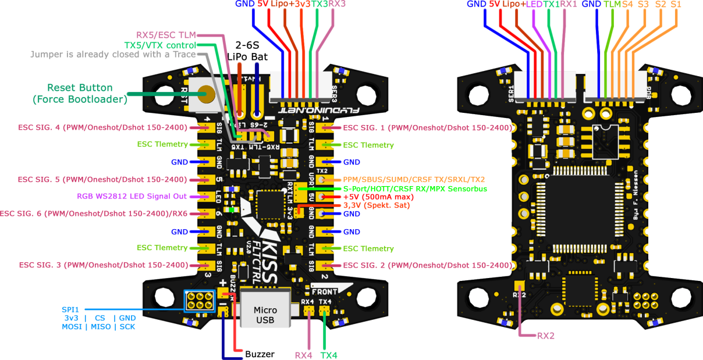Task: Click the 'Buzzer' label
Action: (260, 354)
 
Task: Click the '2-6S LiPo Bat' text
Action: (251, 51)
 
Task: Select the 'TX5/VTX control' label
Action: (159, 45)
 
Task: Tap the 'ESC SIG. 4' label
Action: (94, 127)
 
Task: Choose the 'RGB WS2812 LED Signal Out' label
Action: (132, 197)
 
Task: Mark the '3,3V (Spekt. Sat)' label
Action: (377, 205)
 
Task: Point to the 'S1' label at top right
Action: (676, 4)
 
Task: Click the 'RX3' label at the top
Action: (337, 4)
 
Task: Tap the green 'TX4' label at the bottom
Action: (329, 355)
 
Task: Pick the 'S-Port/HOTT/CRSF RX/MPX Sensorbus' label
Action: (414, 188)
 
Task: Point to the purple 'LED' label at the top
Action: (534, 4)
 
